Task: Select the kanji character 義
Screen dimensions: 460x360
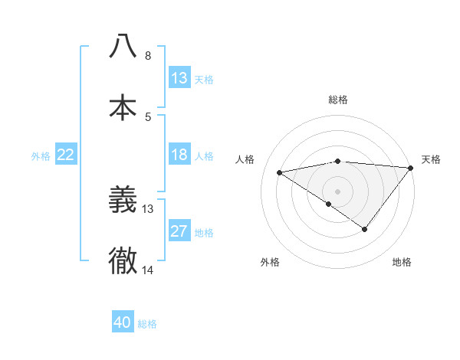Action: [123, 200]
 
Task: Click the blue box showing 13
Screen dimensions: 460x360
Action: [179, 77]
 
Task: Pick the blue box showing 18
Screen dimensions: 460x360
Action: [179, 155]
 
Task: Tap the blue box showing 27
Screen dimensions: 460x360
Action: [179, 231]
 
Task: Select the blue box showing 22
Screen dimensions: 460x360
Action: [66, 155]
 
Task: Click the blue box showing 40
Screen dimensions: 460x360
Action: [123, 322]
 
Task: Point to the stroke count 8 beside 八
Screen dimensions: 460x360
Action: [148, 56]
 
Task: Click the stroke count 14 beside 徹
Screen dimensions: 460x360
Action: [148, 270]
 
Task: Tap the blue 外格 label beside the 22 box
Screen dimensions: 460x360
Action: [41, 155]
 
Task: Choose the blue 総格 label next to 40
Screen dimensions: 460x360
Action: [148, 323]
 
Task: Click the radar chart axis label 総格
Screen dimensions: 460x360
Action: [338, 100]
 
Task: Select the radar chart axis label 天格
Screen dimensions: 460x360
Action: [431, 159]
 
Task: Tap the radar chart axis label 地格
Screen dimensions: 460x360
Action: [402, 262]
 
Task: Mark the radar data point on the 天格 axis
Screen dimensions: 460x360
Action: [412, 167]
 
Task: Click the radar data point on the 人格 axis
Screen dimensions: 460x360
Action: [279, 172]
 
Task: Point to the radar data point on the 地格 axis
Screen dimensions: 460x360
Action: [365, 229]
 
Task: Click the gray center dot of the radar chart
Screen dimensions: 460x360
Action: [338, 191]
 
